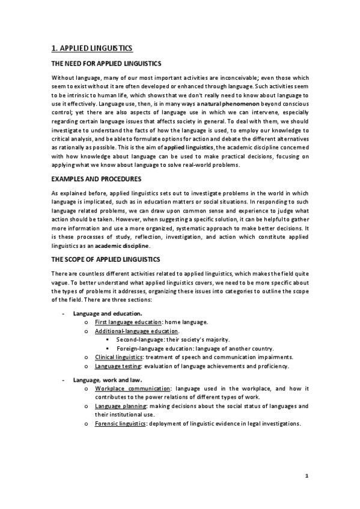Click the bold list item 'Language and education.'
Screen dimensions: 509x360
click(x=108, y=313)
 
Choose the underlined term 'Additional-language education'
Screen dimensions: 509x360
click(x=136, y=331)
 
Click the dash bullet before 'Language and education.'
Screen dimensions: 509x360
click(x=64, y=313)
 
